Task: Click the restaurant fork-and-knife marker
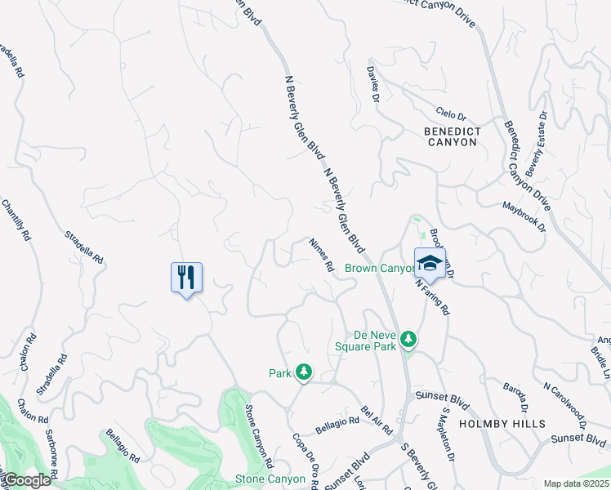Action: [x=186, y=277]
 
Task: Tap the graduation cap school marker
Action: [x=430, y=263]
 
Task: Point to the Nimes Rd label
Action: [x=321, y=255]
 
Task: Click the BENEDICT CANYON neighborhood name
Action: [x=452, y=136]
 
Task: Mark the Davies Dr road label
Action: [x=373, y=84]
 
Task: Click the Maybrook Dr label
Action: [x=524, y=217]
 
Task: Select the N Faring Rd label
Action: [x=432, y=296]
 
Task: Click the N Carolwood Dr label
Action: [x=564, y=403]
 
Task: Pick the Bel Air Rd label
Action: [x=377, y=418]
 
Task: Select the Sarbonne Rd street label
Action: [x=49, y=454]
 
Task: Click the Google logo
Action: [x=27, y=480]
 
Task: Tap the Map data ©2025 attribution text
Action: [x=576, y=483]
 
